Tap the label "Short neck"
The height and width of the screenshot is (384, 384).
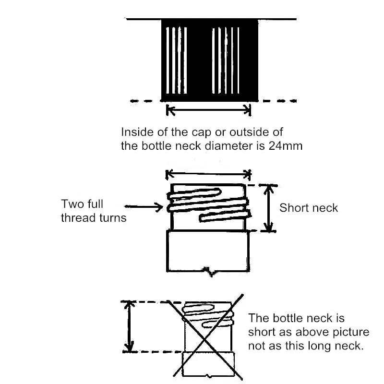309,208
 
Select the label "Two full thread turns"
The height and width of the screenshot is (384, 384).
94,211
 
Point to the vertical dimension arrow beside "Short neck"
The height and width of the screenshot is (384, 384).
270,208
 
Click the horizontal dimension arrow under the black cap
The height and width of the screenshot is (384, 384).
209,110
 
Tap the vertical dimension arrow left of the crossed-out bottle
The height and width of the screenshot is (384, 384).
129,326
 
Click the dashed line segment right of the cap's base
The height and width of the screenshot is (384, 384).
278,101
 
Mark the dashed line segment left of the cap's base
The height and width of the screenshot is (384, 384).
144,101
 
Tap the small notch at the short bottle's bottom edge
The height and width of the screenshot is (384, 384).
208,272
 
